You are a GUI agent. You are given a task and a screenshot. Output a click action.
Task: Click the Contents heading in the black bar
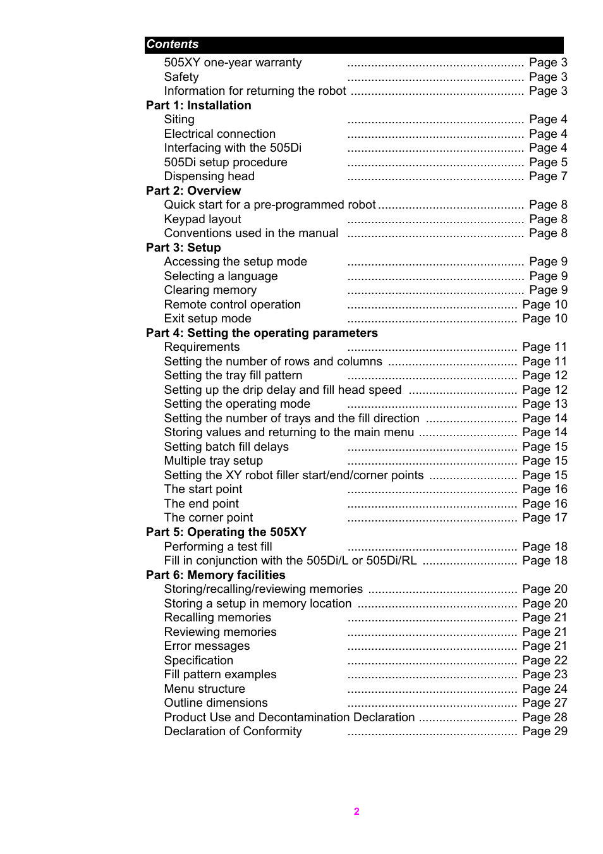(x=173, y=44)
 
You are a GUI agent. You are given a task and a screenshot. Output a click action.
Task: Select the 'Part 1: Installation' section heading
(x=198, y=106)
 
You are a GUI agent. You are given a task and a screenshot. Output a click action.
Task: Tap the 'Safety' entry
(x=181, y=77)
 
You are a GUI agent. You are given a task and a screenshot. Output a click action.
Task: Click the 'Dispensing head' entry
(x=209, y=176)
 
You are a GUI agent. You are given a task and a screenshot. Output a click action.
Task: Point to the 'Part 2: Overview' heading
(x=193, y=191)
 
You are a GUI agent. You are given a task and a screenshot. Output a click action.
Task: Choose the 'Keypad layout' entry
(x=202, y=219)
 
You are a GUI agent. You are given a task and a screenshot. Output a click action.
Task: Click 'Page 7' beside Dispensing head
(x=548, y=176)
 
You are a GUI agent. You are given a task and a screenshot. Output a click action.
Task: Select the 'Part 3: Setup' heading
(x=183, y=248)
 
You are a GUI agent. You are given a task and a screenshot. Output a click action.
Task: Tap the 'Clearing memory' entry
(x=210, y=290)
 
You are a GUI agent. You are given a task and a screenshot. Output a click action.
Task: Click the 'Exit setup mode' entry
(x=207, y=319)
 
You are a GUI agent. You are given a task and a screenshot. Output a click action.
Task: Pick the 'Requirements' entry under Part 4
(x=202, y=347)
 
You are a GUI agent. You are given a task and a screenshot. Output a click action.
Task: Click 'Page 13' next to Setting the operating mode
(x=545, y=404)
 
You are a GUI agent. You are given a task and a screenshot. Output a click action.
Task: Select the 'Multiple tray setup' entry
(x=213, y=461)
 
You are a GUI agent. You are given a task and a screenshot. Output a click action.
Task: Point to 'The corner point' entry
(x=209, y=518)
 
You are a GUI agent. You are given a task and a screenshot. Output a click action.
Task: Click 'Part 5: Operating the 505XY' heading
(x=226, y=532)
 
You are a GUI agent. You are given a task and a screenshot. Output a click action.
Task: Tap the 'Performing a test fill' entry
(x=218, y=547)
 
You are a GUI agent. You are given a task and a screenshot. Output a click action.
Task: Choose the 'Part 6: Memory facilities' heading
(x=216, y=575)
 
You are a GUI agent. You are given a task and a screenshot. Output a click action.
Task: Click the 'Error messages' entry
(x=207, y=646)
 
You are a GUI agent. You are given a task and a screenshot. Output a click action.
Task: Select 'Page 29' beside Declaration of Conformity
(x=545, y=731)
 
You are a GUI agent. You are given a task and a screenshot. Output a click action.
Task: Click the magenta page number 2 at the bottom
(x=356, y=812)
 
